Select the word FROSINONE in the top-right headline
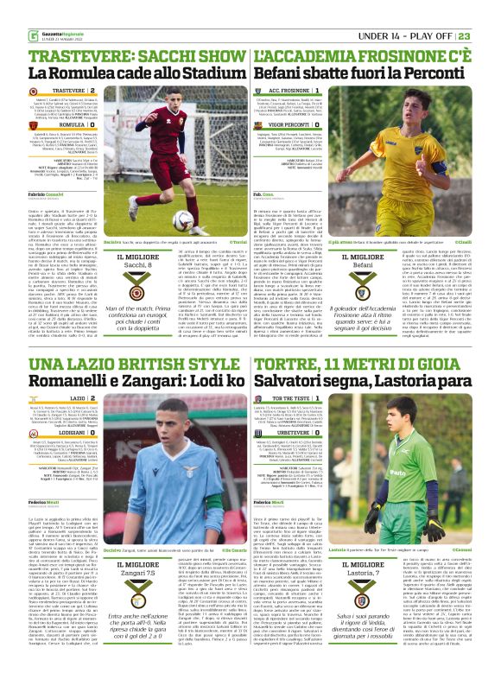tap(403, 56)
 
